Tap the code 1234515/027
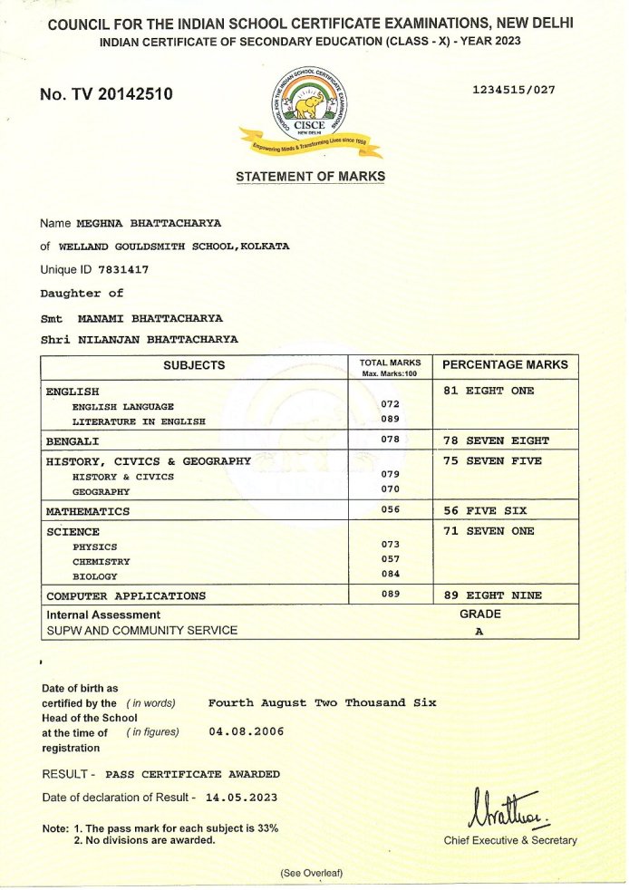point(514,90)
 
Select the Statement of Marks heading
point(310,177)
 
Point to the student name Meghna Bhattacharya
point(149,223)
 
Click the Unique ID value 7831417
point(123,270)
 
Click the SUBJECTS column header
point(194,365)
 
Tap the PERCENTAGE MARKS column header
point(505,364)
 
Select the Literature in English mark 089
point(391,420)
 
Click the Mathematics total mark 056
point(391,509)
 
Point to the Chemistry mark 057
point(391,559)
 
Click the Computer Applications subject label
point(126,595)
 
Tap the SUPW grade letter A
point(479,632)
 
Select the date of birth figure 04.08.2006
point(246,730)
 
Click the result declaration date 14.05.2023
point(242,798)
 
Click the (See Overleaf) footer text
point(311,873)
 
